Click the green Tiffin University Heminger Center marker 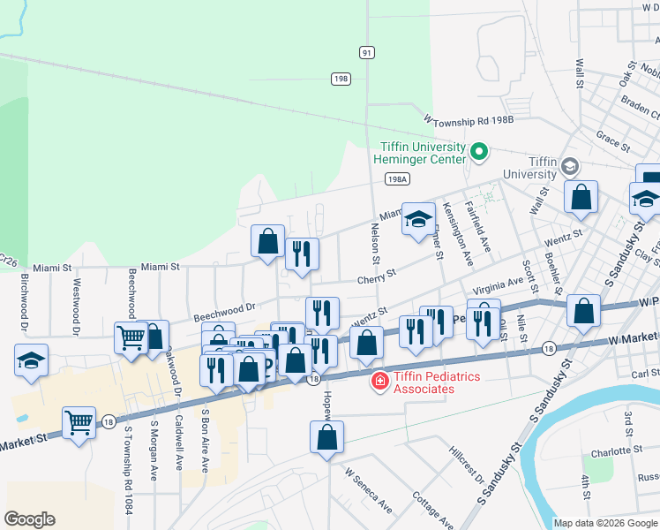coord(479,152)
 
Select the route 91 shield coord(366,53)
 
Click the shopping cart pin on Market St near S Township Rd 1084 coord(79,421)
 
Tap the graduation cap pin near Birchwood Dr coord(31,360)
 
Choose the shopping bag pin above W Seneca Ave coord(326,436)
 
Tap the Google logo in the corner coord(29,519)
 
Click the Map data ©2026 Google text coord(605,523)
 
